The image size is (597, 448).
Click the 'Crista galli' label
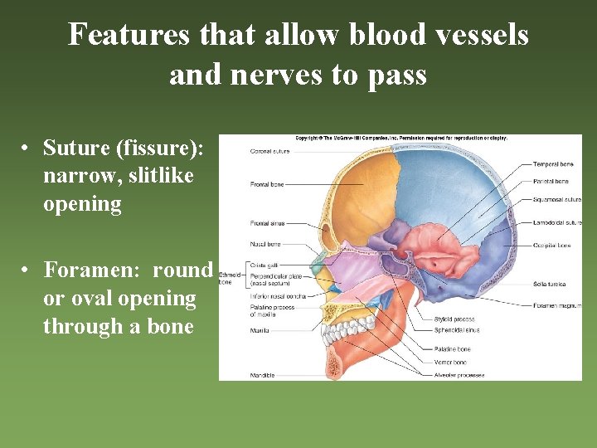point(263,265)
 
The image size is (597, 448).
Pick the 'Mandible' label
point(261,376)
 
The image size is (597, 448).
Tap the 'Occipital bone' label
point(552,246)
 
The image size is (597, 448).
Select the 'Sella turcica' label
point(550,285)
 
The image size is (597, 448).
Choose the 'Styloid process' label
point(454,319)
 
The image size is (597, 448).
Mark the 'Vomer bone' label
point(450,363)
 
